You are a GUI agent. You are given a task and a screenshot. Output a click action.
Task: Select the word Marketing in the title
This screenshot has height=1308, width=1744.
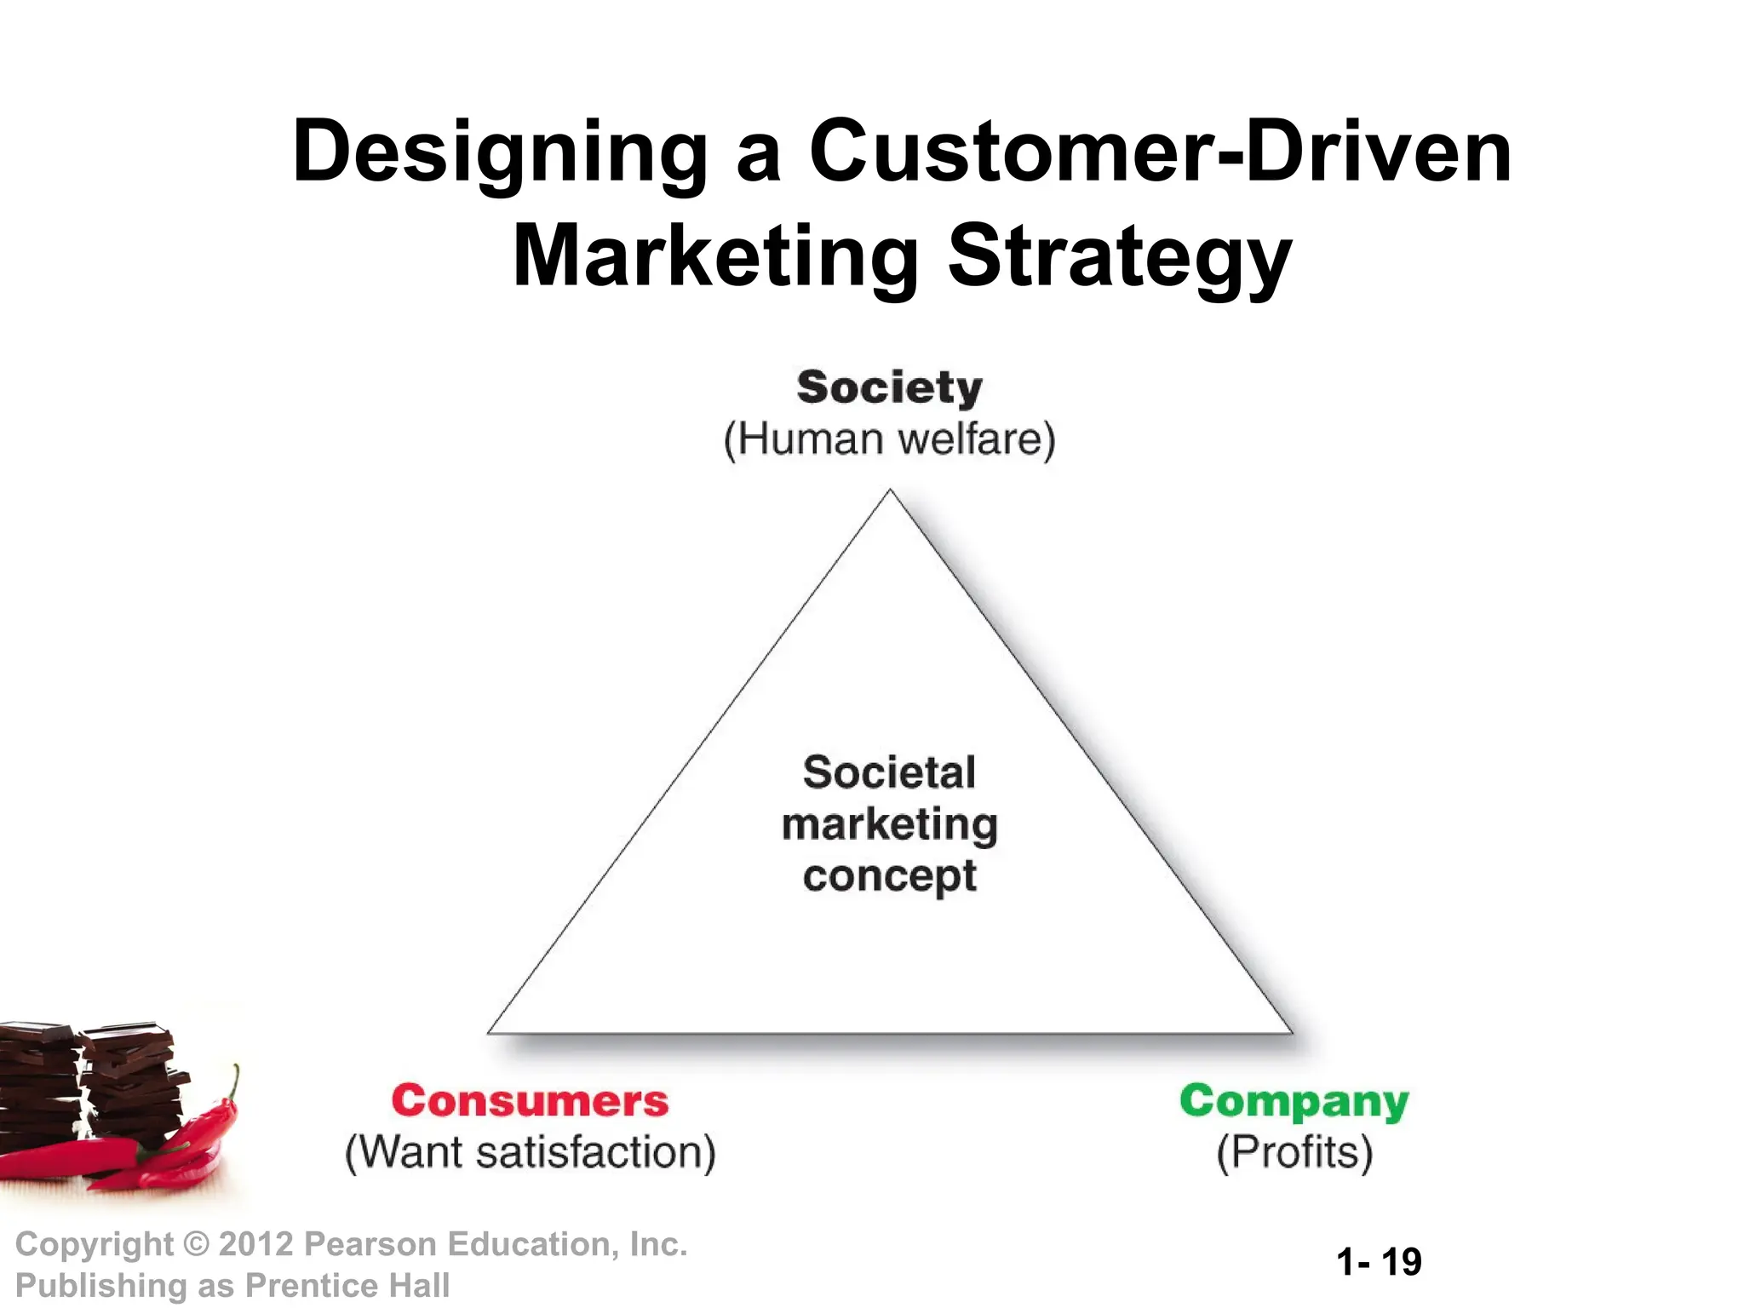(x=715, y=256)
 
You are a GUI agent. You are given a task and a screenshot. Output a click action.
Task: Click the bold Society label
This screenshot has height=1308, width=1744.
(x=889, y=387)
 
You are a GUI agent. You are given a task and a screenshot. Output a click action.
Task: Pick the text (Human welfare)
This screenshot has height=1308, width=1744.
(x=889, y=439)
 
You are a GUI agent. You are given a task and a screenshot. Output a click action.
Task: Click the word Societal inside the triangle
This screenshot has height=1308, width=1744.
(x=889, y=772)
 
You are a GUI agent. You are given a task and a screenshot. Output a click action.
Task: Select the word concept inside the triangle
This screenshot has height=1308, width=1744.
(x=889, y=876)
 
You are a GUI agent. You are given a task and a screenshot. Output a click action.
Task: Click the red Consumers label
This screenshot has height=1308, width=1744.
(x=530, y=1101)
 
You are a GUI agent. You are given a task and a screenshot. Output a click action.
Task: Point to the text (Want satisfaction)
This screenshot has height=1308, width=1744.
(x=530, y=1152)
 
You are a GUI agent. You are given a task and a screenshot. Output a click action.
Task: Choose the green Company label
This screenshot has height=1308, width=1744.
(x=1294, y=1101)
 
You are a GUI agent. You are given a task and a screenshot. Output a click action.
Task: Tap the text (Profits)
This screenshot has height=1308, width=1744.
(x=1294, y=1152)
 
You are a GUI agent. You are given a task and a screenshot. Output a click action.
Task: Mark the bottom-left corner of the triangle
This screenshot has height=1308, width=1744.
(x=489, y=1032)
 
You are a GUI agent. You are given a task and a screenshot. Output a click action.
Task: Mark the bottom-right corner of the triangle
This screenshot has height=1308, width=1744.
(x=1291, y=1032)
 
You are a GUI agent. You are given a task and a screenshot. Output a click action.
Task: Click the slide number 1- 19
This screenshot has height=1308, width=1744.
(x=1379, y=1261)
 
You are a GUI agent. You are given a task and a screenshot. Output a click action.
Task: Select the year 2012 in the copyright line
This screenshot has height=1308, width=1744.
(x=256, y=1244)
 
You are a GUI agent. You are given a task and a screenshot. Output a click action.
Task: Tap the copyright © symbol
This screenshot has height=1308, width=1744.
(x=196, y=1245)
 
